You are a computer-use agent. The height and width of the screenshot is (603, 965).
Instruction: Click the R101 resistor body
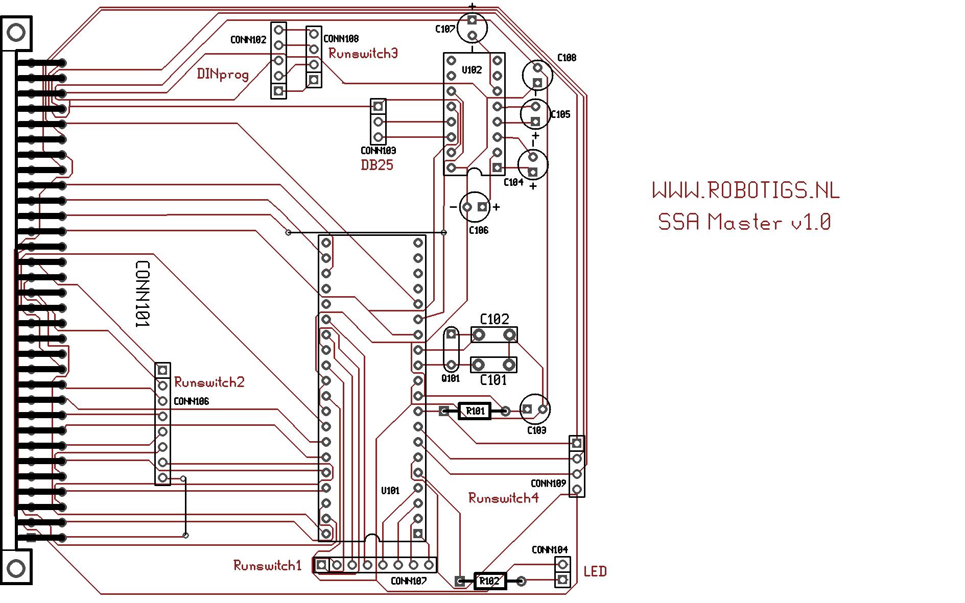475,411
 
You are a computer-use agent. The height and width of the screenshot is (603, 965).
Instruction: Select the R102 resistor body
490,581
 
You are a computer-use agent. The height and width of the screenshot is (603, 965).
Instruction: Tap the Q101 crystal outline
451,350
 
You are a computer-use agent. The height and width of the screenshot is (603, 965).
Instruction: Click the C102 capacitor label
495,320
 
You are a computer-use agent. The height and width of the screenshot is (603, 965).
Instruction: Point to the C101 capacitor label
493,380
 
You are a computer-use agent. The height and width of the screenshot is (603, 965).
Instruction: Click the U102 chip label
472,70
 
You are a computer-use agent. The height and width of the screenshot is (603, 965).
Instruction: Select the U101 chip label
390,491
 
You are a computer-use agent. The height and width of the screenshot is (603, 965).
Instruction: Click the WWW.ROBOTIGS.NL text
746,191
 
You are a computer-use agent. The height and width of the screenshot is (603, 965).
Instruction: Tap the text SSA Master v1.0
744,222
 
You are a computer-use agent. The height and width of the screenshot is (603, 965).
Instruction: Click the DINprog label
223,75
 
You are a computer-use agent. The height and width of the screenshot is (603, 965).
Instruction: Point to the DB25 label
377,165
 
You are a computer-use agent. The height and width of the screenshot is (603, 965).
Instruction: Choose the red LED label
595,571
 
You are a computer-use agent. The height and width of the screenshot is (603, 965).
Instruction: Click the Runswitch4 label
503,498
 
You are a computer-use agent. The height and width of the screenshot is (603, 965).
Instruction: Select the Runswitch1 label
267,565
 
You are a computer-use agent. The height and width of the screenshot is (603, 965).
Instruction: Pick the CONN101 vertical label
142,294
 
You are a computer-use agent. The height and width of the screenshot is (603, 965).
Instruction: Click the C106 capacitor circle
475,207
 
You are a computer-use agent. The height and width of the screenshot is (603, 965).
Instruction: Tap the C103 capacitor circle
535,409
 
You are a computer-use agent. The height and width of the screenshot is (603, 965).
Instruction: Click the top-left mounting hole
16,33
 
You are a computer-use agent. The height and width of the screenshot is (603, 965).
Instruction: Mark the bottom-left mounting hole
16,568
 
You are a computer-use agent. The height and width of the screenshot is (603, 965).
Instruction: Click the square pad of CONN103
378,107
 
